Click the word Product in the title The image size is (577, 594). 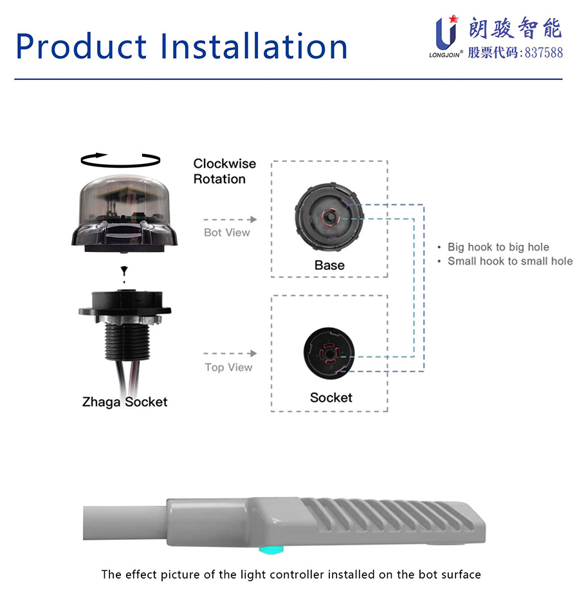(x=80, y=46)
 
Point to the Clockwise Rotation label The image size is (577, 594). (x=224, y=172)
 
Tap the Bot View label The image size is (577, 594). (x=226, y=233)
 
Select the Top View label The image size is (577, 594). (x=228, y=368)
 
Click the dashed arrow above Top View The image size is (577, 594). (x=230, y=354)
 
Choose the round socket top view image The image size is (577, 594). (x=329, y=353)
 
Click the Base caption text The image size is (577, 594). (x=329, y=265)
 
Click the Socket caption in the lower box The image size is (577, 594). (x=331, y=398)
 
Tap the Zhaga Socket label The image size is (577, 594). (x=124, y=402)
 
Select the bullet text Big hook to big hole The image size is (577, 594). (x=498, y=247)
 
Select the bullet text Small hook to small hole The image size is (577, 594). (x=509, y=261)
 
